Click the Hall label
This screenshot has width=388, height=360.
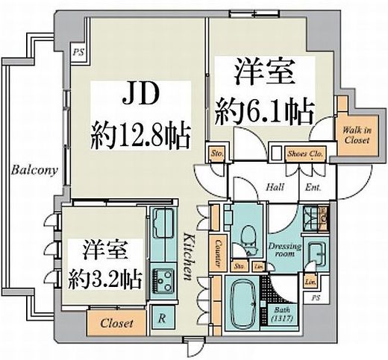[x=274, y=188]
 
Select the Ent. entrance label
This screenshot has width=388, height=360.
[x=312, y=188]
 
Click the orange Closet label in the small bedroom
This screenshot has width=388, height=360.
[x=116, y=323]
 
